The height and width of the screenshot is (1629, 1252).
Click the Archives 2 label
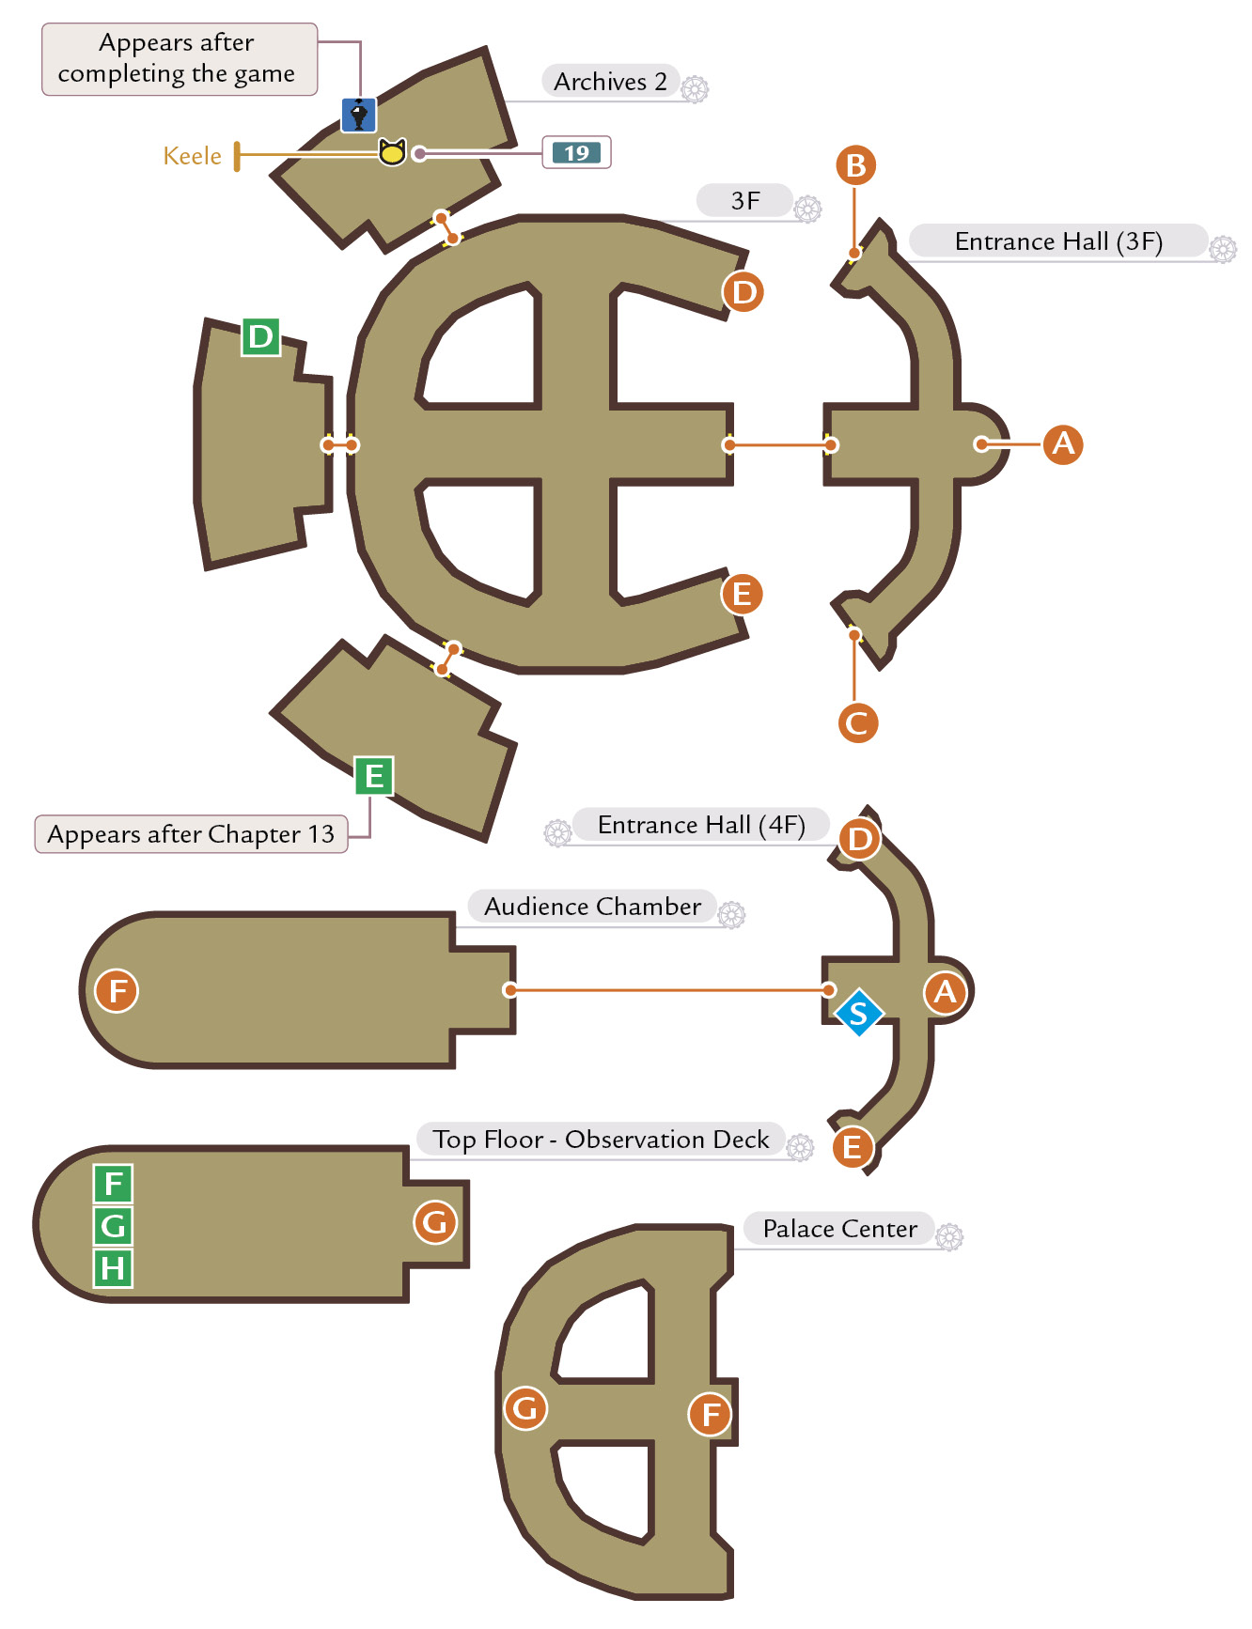point(610,82)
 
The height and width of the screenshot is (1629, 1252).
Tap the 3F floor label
point(745,200)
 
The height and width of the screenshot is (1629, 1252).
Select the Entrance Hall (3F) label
point(1058,241)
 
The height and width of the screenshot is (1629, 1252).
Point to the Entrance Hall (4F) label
point(701,825)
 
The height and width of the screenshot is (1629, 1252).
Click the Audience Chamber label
point(592,907)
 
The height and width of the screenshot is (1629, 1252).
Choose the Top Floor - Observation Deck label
point(601,1140)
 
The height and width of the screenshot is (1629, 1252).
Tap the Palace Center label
point(839,1229)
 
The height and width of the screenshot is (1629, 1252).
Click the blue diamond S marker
point(858,1013)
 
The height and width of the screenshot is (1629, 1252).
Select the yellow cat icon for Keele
point(392,151)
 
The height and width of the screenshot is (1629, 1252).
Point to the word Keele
point(193,156)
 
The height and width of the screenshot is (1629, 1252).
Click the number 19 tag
point(576,153)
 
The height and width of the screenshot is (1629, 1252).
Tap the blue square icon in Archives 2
point(358,115)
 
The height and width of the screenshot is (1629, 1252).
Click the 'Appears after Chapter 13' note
point(191,834)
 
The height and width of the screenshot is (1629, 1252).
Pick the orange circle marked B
point(855,165)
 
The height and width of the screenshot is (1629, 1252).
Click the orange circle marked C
point(857,723)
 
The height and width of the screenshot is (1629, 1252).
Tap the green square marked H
point(113,1268)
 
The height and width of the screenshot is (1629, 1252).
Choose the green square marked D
point(261,336)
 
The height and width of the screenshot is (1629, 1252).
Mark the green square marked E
point(374,776)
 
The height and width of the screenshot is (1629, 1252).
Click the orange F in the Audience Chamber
point(117,990)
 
